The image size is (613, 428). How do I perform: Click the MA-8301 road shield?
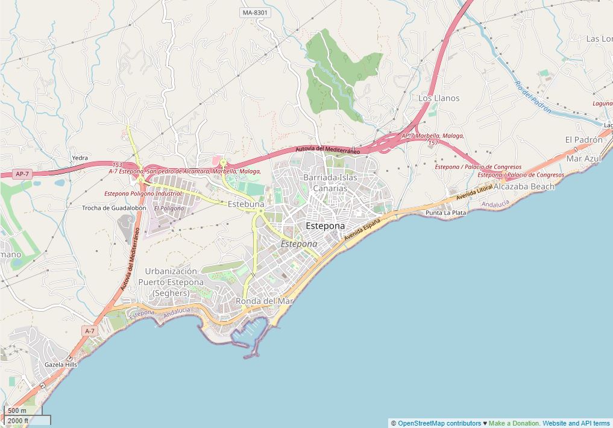tap(255, 12)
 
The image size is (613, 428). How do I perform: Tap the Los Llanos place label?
tap(439, 98)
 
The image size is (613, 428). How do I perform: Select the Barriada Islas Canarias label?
tap(330, 183)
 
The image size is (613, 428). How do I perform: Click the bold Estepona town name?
tap(325, 225)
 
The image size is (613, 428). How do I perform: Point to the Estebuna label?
tap(246, 204)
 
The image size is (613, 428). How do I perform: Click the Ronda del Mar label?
tap(265, 300)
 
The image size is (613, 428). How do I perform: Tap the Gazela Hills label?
tap(61, 365)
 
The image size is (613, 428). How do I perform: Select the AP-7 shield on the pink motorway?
tap(22, 174)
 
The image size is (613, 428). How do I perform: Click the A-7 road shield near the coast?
tap(89, 331)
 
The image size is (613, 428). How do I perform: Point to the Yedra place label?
tap(80, 158)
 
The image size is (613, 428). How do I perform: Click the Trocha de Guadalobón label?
tap(114, 208)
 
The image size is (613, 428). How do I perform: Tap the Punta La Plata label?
tap(445, 213)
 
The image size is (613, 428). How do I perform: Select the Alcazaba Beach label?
tap(524, 186)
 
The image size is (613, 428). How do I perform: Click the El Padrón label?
tap(583, 139)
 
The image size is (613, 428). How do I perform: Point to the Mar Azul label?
tap(583, 159)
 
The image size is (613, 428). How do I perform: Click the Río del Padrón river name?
tap(533, 97)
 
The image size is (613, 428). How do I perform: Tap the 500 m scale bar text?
tap(17, 411)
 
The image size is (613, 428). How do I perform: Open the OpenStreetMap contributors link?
tap(439, 423)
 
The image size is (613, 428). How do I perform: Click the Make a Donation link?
tap(514, 423)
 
